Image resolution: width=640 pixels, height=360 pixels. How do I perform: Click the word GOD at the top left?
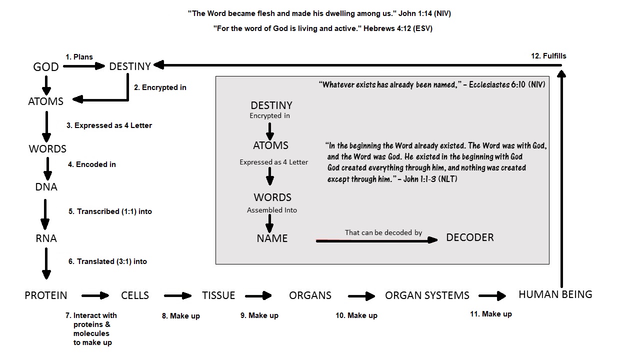click(45, 67)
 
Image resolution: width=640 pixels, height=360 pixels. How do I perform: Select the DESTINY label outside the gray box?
click(129, 66)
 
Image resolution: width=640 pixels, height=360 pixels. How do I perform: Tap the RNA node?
click(46, 238)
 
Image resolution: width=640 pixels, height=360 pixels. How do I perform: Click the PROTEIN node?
click(45, 295)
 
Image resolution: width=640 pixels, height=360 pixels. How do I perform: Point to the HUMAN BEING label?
click(555, 294)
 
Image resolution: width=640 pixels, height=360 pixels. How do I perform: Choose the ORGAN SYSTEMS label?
click(427, 295)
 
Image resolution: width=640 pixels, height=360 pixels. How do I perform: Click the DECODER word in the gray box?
click(469, 237)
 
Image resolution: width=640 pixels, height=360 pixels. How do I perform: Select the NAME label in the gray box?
click(272, 238)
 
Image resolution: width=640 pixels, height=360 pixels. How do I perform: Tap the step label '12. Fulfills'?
click(548, 56)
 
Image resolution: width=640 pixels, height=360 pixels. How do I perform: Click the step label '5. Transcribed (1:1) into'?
click(110, 211)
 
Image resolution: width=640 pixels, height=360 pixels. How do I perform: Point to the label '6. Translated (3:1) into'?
click(107, 261)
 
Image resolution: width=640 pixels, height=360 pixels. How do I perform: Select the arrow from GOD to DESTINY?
click(84, 66)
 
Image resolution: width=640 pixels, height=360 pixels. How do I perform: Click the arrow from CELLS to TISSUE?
click(177, 296)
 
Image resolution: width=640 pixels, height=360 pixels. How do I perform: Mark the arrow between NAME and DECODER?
click(376, 241)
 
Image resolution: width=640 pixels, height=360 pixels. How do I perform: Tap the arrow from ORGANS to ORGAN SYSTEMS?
click(361, 296)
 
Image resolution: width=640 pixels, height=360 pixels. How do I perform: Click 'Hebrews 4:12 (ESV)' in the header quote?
click(398, 28)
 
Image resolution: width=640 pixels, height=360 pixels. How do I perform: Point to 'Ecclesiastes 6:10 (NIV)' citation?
click(507, 85)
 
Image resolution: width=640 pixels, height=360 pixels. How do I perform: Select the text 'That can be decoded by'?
click(383, 232)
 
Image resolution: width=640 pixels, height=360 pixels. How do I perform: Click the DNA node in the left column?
click(46, 187)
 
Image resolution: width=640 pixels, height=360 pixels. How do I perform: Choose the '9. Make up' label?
click(259, 315)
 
